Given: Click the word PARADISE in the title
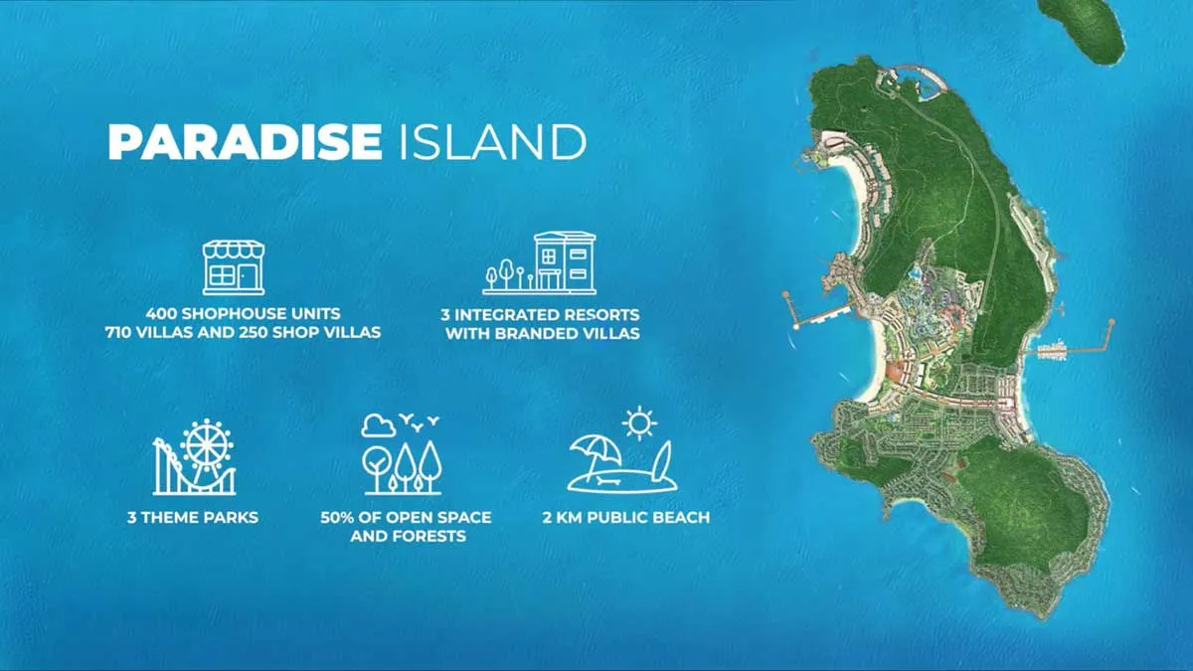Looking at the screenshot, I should pos(244,142).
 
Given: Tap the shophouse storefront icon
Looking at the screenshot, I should pos(234,266).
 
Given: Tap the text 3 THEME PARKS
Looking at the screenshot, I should pos(193,517).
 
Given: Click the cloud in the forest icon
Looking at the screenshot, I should pos(378,426).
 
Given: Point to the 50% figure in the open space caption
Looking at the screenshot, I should pos(338,518).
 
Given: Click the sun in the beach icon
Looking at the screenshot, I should pos(639,422).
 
